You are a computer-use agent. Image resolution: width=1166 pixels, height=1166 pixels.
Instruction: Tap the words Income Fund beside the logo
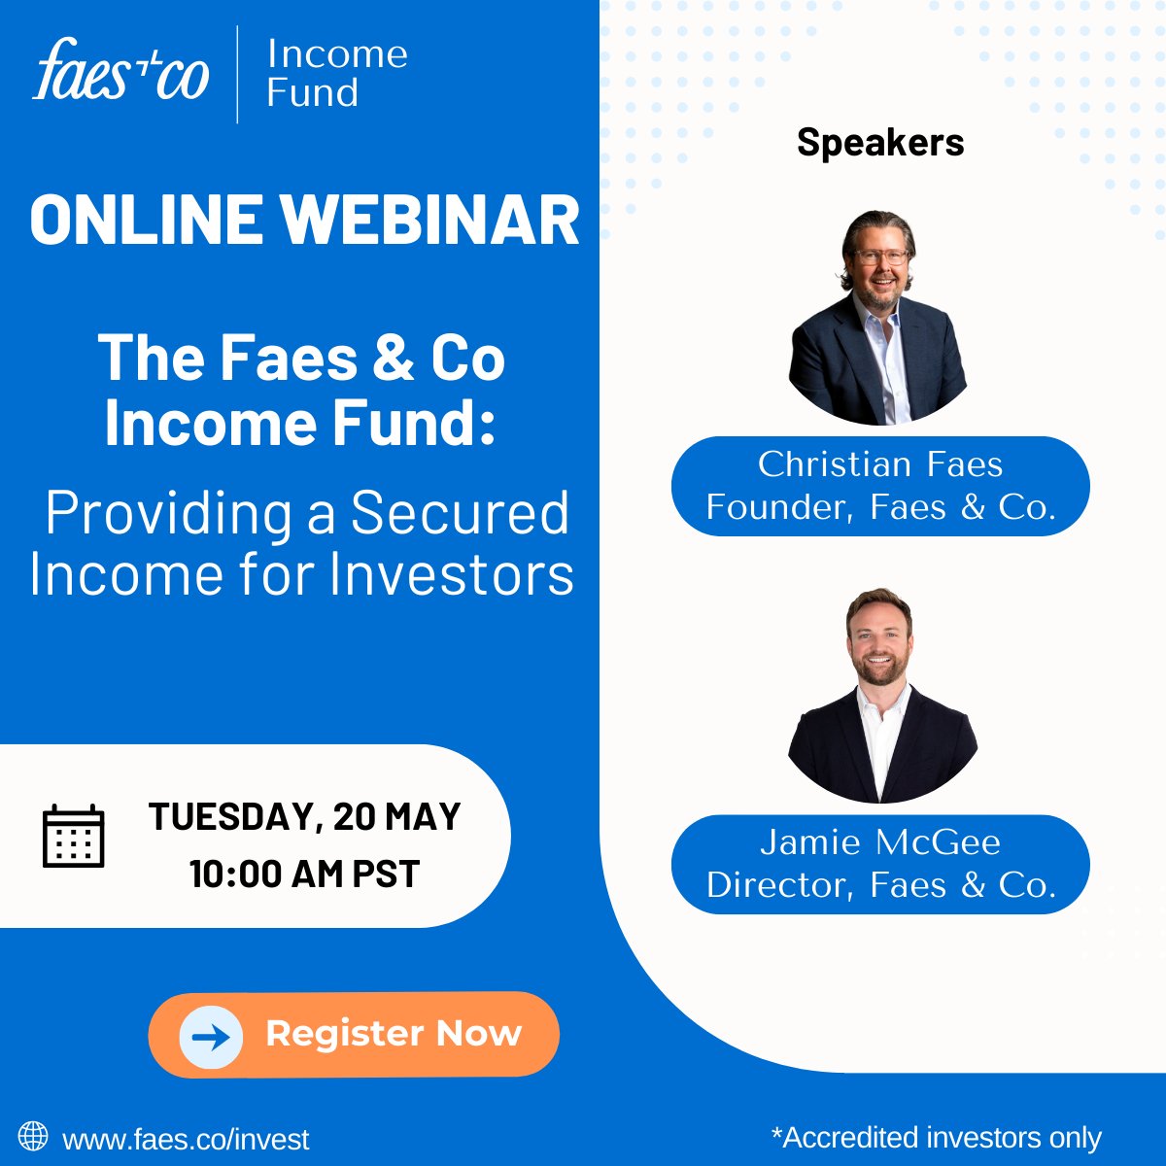[336, 74]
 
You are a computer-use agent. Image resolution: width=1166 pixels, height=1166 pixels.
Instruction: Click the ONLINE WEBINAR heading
[304, 220]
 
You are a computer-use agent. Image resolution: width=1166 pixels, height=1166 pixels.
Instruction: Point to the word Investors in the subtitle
[452, 574]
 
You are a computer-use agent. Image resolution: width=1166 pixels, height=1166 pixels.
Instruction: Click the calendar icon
[73, 836]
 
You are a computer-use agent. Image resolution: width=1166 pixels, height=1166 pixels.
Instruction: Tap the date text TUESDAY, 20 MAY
[304, 817]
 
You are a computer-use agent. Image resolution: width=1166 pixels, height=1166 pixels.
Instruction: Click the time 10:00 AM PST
[304, 874]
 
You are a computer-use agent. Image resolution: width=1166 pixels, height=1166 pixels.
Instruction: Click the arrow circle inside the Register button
[211, 1037]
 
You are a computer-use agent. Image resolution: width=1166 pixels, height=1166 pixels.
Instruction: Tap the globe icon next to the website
[33, 1136]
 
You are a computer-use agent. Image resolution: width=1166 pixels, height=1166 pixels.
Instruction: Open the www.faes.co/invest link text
[186, 1139]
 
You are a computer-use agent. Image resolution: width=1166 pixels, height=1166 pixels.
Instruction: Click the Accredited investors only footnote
[936, 1137]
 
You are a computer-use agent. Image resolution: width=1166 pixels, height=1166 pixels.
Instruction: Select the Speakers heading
[880, 143]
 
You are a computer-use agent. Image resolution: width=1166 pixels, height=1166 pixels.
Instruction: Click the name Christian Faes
[880, 464]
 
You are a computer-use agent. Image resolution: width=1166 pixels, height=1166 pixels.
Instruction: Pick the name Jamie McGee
[880, 842]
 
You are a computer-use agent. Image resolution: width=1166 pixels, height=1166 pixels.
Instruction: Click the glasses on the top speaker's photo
[880, 257]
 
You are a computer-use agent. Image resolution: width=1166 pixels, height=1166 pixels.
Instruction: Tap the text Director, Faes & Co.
[880, 885]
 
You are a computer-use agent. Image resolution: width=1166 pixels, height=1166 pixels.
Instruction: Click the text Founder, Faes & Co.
[880, 507]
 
